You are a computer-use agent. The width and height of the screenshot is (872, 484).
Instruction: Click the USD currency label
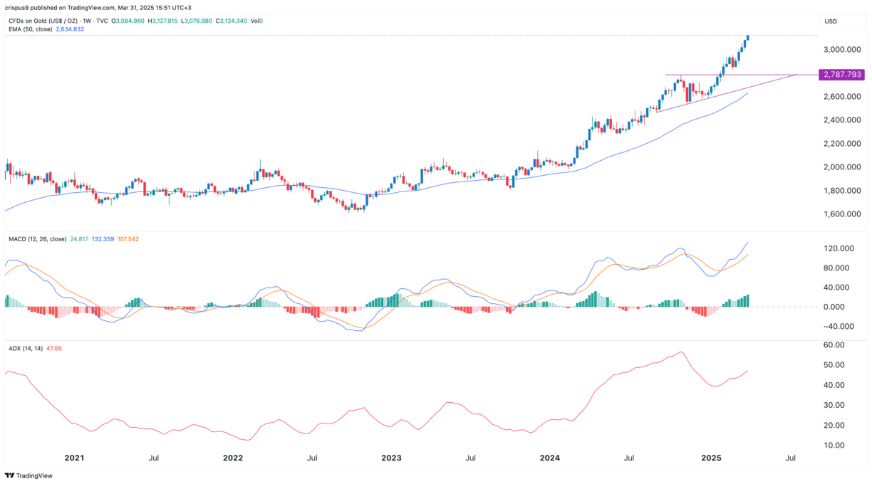pyautogui.click(x=831, y=21)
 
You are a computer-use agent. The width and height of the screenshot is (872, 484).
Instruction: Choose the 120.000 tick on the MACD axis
pyautogui.click(x=839, y=248)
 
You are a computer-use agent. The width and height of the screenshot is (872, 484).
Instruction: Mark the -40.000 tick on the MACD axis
pyautogui.click(x=839, y=327)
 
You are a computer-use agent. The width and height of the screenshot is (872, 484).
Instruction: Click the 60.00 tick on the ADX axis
pyautogui.click(x=833, y=345)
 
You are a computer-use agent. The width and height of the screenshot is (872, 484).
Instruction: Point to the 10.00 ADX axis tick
pyautogui.click(x=833, y=446)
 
